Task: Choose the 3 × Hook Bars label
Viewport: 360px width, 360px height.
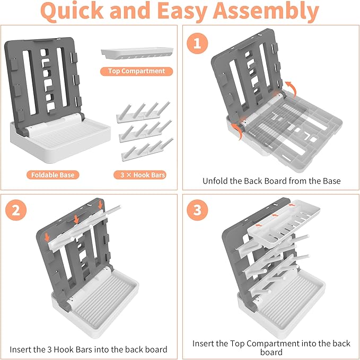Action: [139, 174]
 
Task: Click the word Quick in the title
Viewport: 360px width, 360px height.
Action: [75, 12]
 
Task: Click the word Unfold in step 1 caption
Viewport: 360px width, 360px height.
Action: [216, 181]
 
